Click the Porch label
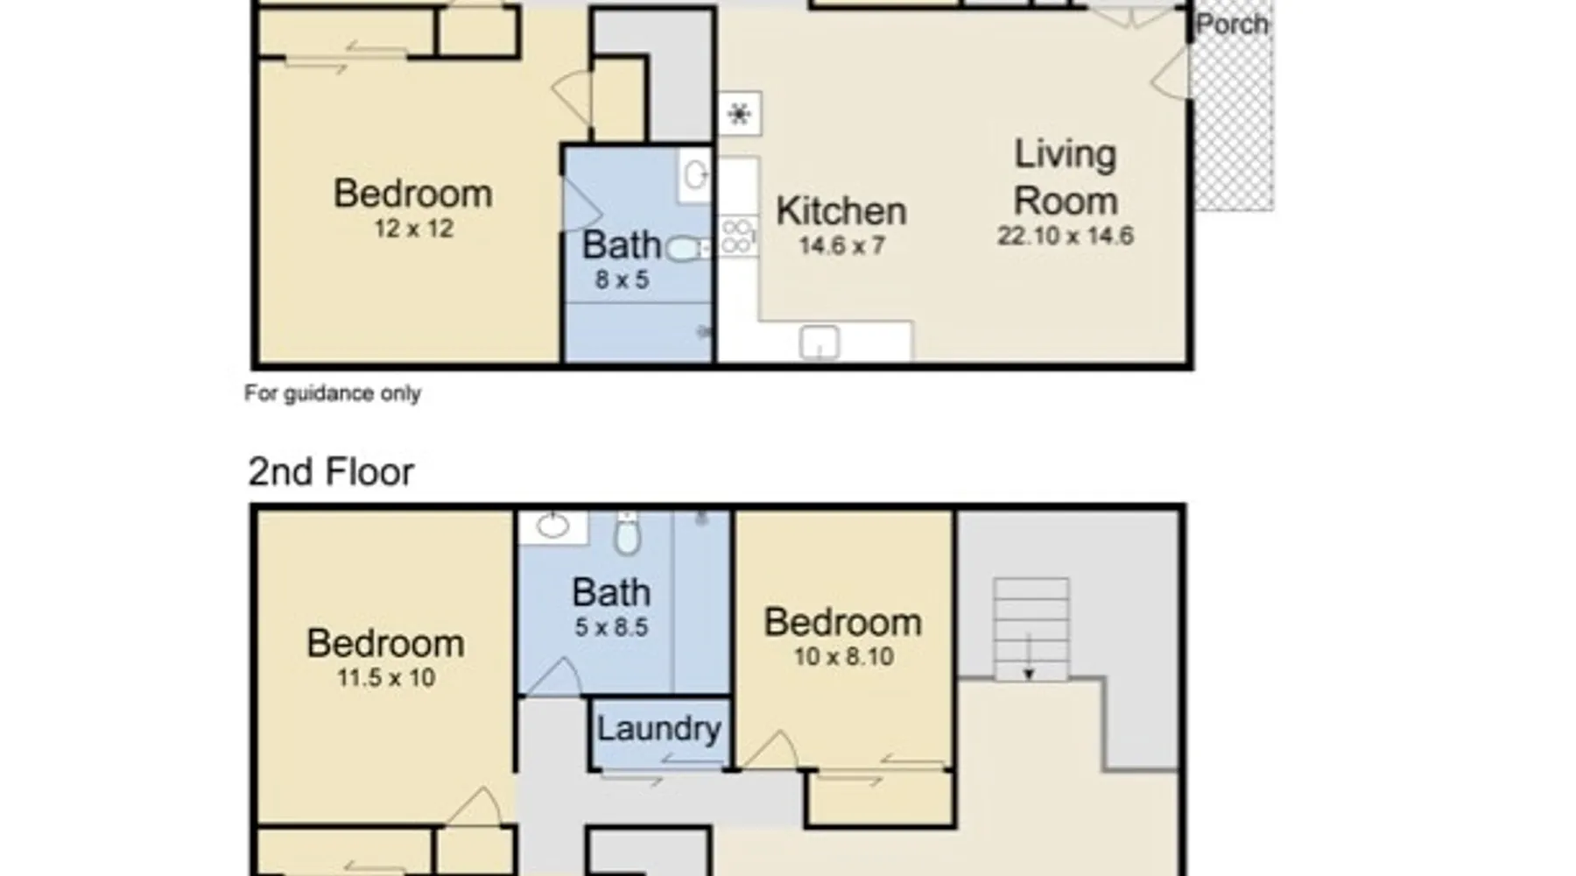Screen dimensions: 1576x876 (x=1232, y=25)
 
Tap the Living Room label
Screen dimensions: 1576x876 (x=1066, y=178)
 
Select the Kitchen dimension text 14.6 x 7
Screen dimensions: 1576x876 (x=841, y=245)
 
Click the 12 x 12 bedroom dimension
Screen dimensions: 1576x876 (x=413, y=229)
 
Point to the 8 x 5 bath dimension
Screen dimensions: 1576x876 (x=622, y=280)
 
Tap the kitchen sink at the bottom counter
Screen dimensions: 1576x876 (x=820, y=343)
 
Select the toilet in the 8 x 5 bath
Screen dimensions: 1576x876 (x=686, y=249)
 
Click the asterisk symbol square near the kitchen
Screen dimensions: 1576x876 (x=740, y=114)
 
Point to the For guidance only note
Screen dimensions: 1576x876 (x=333, y=393)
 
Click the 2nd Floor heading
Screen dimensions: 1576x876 (x=331, y=472)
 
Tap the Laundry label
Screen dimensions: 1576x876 (x=658, y=729)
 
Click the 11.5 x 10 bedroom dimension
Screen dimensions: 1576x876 (x=386, y=678)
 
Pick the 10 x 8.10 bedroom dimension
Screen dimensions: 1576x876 (x=844, y=657)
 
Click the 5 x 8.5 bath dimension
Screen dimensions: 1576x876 (x=611, y=627)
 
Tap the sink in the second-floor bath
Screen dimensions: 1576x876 (x=552, y=526)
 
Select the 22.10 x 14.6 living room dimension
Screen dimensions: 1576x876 (x=1066, y=236)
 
